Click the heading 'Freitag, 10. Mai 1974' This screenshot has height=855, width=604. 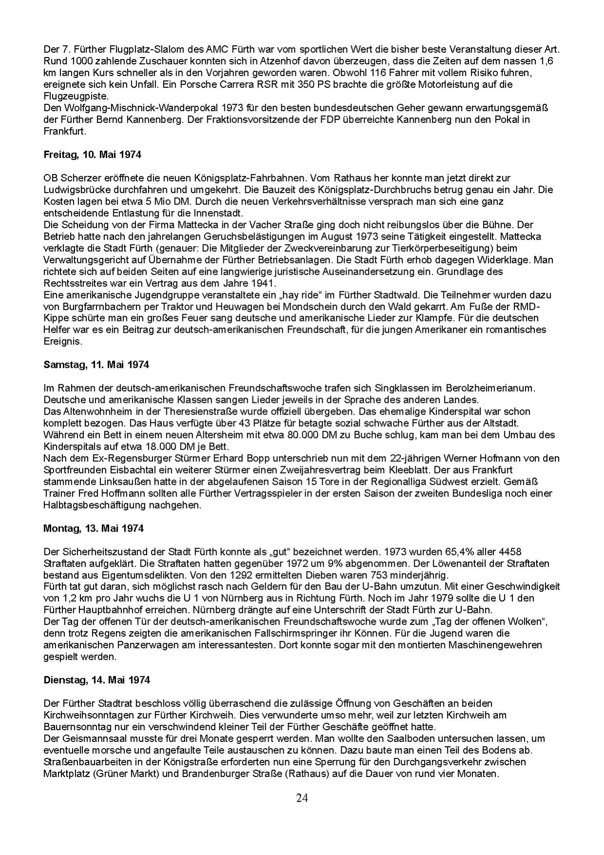pyautogui.click(x=92, y=155)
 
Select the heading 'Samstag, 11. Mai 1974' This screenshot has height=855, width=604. pyautogui.click(x=96, y=365)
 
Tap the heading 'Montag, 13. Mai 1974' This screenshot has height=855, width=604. pyautogui.click(x=94, y=528)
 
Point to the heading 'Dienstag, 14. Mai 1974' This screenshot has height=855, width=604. pyautogui.click(x=97, y=680)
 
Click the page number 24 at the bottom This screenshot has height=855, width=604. pyautogui.click(x=302, y=798)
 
